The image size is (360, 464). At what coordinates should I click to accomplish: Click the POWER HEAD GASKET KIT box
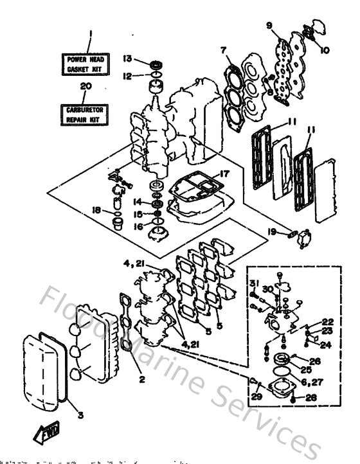[90, 64]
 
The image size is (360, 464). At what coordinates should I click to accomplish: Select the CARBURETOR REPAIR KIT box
[90, 115]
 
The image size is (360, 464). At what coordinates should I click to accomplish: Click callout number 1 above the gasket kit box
[91, 34]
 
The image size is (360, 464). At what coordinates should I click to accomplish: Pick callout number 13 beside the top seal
[127, 58]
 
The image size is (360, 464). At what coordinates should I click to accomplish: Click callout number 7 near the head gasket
[223, 50]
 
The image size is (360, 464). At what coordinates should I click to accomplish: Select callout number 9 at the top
[269, 25]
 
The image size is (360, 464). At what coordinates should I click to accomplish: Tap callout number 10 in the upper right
[325, 49]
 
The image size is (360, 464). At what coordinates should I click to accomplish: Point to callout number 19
[273, 231]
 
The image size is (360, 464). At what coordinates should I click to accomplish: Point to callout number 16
[138, 226]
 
